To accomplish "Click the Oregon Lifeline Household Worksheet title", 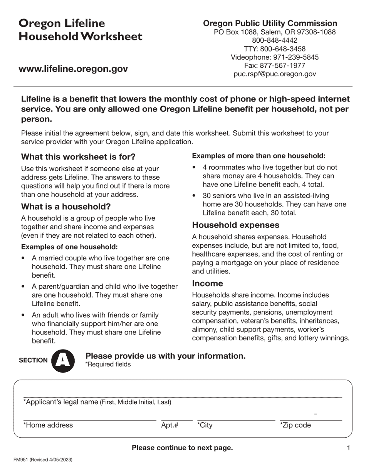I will pos(81,30).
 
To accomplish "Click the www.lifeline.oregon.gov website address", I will pos(73,69).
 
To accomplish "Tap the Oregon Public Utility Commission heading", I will pos(270,23).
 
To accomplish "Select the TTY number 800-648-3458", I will pos(275,49).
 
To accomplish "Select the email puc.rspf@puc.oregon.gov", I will pos(275,74).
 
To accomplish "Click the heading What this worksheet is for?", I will pos(78,157).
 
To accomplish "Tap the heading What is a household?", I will pos(66,207).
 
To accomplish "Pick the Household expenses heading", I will pos(236,225).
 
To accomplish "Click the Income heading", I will pos(208,283).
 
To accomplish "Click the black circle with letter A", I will pos(63,360).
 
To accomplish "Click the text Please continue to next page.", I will pos(182,448).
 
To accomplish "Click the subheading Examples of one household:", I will pos(69,247).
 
